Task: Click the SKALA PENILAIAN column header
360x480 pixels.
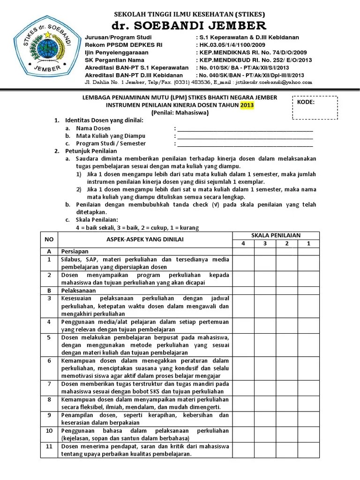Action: [276, 235]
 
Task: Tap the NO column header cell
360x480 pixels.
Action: [49, 240]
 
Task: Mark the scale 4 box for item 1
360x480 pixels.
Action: [243, 263]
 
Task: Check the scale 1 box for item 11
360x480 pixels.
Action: [308, 450]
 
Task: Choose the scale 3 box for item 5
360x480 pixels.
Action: [265, 345]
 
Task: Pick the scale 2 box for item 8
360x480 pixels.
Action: [287, 403]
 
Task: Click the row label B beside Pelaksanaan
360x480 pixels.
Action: [49, 291]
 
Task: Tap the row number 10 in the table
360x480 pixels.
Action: [49, 430]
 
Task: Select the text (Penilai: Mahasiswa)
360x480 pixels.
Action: [180, 112]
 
